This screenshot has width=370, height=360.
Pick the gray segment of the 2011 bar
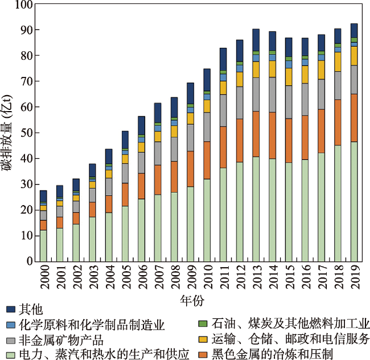click(x=223, y=111)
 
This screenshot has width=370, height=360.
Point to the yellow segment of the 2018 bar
click(x=338, y=62)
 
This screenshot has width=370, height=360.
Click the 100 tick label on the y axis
click(x=24, y=5)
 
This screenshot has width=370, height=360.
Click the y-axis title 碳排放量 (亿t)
click(x=9, y=133)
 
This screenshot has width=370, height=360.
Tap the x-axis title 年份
click(x=192, y=300)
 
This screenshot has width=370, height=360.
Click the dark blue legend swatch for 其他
click(x=10, y=310)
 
